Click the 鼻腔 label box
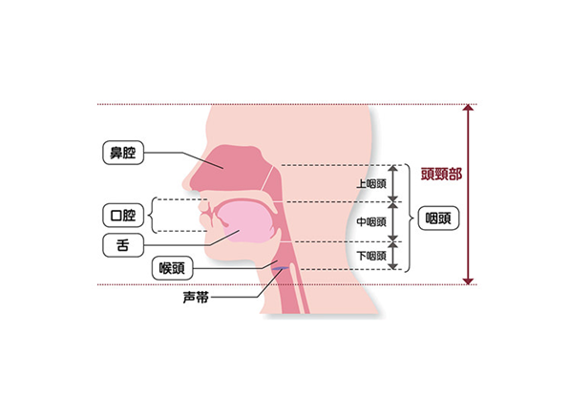(x=123, y=153)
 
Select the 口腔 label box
(x=123, y=216)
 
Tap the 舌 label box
(x=123, y=245)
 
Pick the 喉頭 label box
(x=172, y=268)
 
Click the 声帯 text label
(x=196, y=298)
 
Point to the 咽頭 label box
(x=438, y=218)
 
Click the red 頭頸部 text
(x=441, y=175)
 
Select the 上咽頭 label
(x=370, y=184)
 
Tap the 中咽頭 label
(x=370, y=221)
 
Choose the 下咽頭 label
(x=370, y=256)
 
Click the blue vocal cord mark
(x=281, y=268)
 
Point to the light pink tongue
(x=247, y=222)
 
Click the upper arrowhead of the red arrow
(x=468, y=108)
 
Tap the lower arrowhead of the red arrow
(x=468, y=281)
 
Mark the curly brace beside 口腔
(x=151, y=215)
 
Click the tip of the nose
(x=183, y=184)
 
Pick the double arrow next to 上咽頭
(x=393, y=183)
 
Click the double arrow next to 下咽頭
(x=393, y=256)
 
